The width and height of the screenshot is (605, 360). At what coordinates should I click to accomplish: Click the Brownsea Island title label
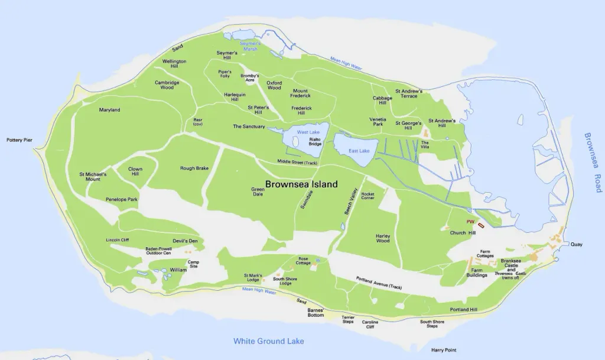point(301,184)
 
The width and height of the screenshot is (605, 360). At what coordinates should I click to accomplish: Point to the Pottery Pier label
point(19,140)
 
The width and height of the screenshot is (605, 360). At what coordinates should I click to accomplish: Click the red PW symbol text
point(471,222)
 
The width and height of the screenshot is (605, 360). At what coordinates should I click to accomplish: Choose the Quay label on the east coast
point(576,244)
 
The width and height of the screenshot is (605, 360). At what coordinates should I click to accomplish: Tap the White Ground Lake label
point(268,341)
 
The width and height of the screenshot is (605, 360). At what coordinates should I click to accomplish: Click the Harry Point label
point(444,350)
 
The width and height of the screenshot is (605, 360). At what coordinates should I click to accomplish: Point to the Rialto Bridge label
point(315,142)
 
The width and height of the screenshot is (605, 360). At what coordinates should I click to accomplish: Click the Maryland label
point(109,110)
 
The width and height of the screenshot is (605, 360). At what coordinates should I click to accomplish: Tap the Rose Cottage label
point(304,261)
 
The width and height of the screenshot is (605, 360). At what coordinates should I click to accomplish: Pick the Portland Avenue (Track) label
point(379,283)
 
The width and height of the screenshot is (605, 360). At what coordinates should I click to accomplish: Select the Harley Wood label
point(383,238)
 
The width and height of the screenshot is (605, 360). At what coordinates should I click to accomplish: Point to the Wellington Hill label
point(174,63)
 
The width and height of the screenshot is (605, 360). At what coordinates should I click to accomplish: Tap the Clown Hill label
point(135,171)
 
